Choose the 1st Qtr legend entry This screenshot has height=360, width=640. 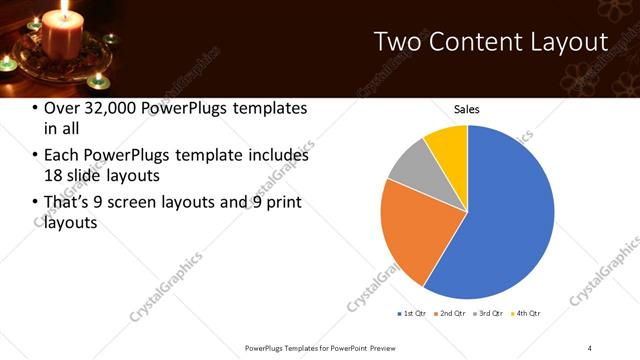[412, 313]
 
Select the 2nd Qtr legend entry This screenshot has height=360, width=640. [451, 313]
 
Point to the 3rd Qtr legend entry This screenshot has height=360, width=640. [490, 313]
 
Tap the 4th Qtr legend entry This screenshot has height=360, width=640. [527, 313]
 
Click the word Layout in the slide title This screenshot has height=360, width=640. [570, 42]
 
